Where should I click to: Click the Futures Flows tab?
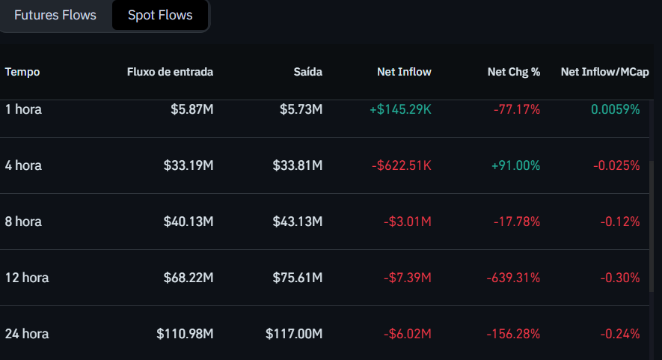(x=55, y=15)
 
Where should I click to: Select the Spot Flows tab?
(x=160, y=15)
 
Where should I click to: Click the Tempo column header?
(x=22, y=72)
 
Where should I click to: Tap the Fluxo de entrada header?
(x=171, y=72)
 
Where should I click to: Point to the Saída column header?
(x=308, y=72)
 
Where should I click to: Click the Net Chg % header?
(x=514, y=72)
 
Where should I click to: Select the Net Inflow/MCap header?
(x=605, y=72)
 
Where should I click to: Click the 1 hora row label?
(x=24, y=109)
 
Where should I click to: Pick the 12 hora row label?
(x=27, y=278)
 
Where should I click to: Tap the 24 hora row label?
(x=27, y=334)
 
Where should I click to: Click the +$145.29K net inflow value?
(x=400, y=109)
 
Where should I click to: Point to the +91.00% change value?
(x=515, y=165)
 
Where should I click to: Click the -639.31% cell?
(x=513, y=278)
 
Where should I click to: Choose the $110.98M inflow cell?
(x=185, y=334)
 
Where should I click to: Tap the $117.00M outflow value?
(x=294, y=334)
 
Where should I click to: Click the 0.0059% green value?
(x=616, y=109)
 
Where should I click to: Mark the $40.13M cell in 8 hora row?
(x=189, y=222)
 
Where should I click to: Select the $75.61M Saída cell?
(x=298, y=278)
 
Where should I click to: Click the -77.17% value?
(x=517, y=109)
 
